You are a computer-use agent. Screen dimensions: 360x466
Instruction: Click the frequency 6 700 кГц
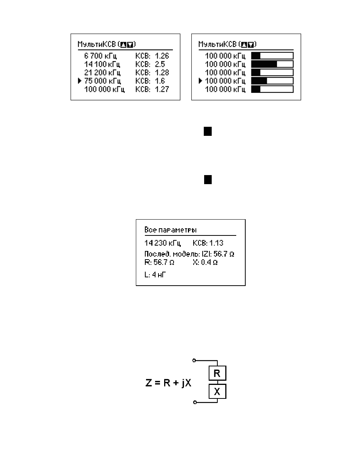[100, 56]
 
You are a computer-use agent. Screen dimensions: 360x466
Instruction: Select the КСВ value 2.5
[160, 64]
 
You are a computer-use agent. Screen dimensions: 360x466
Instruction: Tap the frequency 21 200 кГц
[102, 73]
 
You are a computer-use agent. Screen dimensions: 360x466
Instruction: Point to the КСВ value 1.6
[160, 81]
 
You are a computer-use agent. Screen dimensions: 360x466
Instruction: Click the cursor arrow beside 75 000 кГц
[80, 81]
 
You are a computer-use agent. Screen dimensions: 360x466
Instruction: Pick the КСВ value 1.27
[162, 89]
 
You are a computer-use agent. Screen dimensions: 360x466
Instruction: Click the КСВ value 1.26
[162, 56]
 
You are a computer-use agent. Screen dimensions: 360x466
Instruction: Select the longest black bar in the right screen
[264, 64]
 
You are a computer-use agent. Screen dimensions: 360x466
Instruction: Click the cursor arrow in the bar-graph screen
[200, 81]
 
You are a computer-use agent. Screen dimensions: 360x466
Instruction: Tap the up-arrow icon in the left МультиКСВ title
[123, 45]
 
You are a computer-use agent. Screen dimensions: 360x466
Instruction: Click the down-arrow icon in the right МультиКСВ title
[251, 45]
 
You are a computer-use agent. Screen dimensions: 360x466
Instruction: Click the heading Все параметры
[171, 230]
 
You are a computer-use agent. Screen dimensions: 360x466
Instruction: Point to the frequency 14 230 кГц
[163, 243]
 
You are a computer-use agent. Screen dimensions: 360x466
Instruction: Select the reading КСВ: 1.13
[208, 243]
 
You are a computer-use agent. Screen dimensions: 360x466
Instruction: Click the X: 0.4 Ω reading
[205, 262]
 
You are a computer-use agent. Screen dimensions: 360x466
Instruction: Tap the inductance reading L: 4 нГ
[155, 275]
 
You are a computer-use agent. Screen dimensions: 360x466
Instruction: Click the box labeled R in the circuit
[217, 373]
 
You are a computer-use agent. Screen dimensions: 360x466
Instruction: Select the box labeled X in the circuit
[217, 392]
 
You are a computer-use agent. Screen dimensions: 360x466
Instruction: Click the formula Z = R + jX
[168, 383]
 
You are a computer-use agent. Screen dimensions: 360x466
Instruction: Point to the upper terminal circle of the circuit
[194, 360]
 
